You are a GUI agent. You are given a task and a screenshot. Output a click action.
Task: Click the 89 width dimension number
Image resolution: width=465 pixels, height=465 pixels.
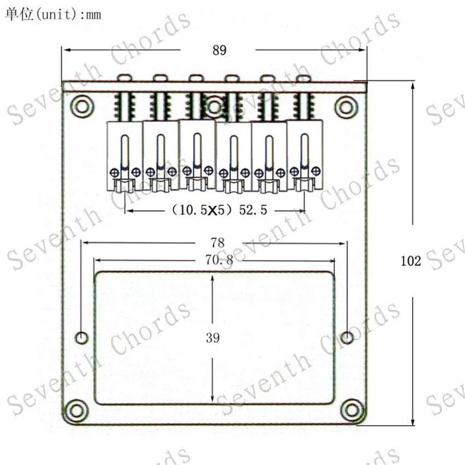[219, 50]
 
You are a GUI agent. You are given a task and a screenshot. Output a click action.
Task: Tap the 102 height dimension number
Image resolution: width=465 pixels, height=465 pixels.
[411, 261]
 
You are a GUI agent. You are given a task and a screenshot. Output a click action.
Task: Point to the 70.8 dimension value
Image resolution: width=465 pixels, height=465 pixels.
[219, 260]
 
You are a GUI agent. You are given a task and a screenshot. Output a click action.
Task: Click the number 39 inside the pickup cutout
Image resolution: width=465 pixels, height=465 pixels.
[213, 338]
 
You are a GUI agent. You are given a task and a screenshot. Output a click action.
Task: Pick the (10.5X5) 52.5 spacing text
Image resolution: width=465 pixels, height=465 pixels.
[219, 210]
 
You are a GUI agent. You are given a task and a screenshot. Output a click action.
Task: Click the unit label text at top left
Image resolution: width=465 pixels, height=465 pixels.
[53, 14]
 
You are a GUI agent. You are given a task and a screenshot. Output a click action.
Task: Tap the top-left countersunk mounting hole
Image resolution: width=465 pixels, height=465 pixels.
[82, 107]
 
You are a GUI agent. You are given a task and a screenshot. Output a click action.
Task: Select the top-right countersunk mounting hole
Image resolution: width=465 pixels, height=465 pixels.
[346, 107]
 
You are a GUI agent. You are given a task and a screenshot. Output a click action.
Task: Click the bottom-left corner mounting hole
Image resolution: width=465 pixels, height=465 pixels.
[76, 411]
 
